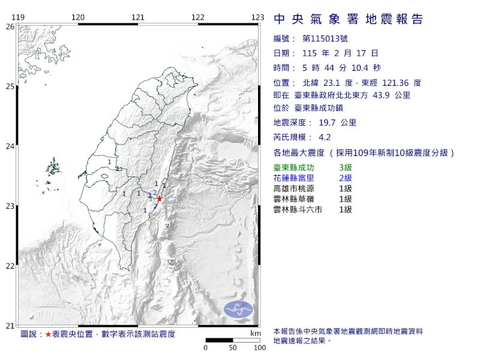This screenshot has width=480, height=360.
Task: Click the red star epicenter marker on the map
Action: [x=160, y=199]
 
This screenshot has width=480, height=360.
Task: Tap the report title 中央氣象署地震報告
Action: [x=348, y=20]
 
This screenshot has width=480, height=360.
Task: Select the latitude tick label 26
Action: [x=10, y=26]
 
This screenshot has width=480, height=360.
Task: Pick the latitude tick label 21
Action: [x=10, y=326]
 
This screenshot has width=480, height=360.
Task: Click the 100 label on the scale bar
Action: [x=259, y=347]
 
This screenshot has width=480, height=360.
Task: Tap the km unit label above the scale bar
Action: [x=256, y=332]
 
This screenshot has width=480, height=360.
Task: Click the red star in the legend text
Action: [x=48, y=334]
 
